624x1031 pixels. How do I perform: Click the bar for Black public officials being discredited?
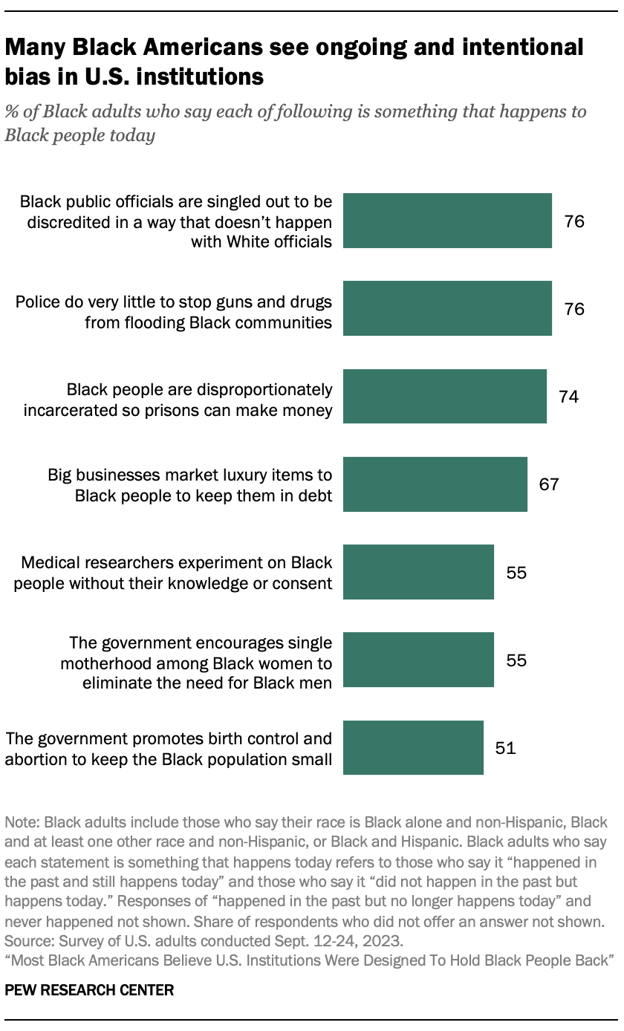447,221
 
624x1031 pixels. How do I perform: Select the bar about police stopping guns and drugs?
447,308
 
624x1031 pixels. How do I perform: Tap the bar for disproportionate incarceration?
444,397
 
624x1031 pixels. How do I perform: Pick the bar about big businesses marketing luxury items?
435,484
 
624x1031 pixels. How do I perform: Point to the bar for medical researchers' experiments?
418,572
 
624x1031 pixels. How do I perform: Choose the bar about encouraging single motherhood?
418,660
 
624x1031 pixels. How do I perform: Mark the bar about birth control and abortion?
413,747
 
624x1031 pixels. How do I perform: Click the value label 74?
568,397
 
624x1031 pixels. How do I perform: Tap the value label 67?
549,484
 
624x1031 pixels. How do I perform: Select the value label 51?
505,747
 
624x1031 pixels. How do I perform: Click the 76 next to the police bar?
574,308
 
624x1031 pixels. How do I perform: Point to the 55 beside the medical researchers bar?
516,572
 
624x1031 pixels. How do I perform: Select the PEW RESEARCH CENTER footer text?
89,990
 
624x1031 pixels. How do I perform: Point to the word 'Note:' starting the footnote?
22,823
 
